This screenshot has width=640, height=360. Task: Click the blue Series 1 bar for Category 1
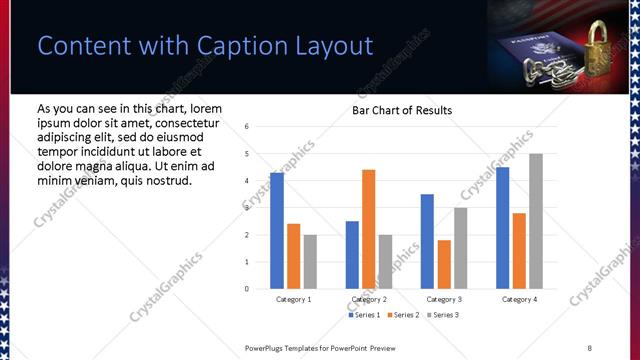tap(277, 231)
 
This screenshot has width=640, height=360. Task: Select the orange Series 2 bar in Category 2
tap(368, 229)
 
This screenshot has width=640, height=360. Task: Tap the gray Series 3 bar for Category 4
tap(536, 221)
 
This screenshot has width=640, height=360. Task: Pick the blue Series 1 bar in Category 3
tap(427, 241)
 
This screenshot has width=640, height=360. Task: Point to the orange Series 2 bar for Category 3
tap(444, 264)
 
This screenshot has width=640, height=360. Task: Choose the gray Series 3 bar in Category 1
tap(310, 262)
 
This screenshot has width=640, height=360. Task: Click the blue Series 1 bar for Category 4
tap(503, 228)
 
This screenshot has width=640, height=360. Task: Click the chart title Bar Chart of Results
tap(402, 110)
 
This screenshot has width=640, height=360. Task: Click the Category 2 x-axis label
tap(369, 299)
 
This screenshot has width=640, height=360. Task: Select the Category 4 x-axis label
tap(519, 299)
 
